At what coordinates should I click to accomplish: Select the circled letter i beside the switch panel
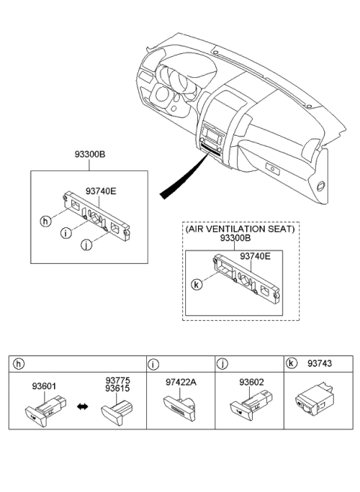click(x=67, y=233)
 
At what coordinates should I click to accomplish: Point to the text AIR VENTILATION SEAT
click(x=240, y=229)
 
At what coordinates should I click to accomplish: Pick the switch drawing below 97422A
click(x=180, y=408)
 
